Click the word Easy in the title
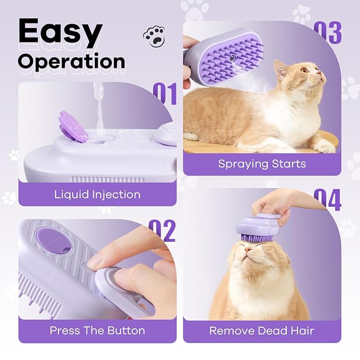[59, 32]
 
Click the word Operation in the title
[71, 62]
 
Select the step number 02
[162, 231]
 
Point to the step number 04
[327, 200]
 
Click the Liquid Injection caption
[97, 194]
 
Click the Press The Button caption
[97, 330]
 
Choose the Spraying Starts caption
[262, 163]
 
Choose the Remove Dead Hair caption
[262, 331]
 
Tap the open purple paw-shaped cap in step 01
[74, 127]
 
